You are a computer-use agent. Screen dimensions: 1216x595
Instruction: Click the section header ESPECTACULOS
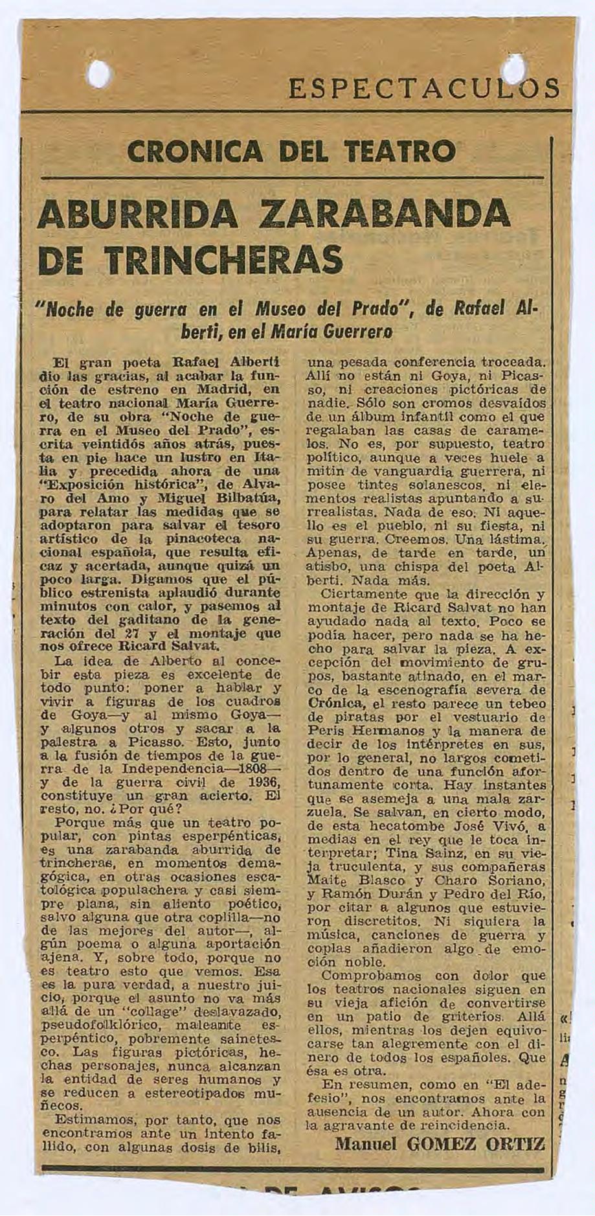(x=424, y=88)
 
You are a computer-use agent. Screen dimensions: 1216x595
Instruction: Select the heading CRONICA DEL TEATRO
(x=291, y=153)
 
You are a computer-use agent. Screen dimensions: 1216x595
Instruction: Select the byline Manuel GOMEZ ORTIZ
(x=440, y=1143)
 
